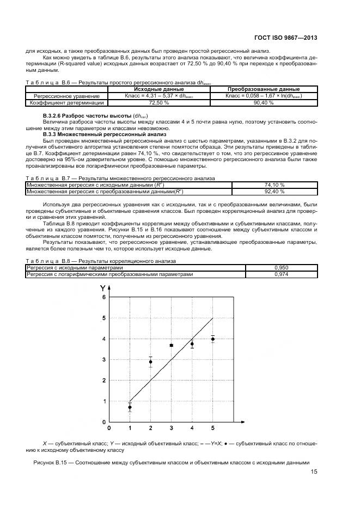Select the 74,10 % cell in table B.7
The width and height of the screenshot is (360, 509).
[x=274, y=185]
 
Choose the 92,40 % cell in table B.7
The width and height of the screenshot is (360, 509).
[x=274, y=192]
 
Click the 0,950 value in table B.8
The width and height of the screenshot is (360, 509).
[x=281, y=268]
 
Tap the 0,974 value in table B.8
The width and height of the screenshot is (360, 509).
[x=281, y=274]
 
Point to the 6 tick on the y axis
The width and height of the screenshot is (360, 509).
[x=103, y=297]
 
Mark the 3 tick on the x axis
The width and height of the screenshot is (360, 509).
[x=171, y=428]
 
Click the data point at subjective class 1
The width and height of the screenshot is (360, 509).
[x=130, y=407]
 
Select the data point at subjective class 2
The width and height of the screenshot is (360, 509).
[x=150, y=362]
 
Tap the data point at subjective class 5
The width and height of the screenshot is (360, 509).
[x=212, y=339]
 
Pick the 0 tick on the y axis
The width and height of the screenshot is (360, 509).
[x=103, y=422]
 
